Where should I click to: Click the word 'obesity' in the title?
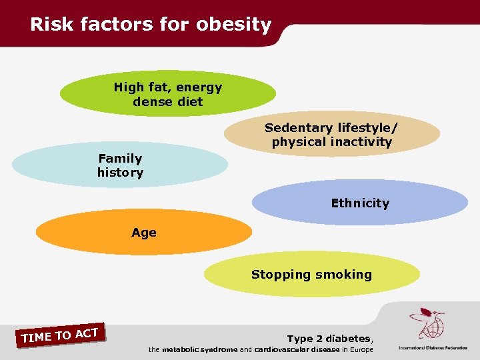(233, 25)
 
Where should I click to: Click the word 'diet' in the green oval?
(190, 102)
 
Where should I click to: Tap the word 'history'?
(120, 173)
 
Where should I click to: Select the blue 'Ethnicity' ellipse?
(360, 203)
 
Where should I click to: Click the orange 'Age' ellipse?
(143, 233)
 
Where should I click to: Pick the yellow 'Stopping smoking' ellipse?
(311, 274)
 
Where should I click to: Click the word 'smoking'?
(343, 274)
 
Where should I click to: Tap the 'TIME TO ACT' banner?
(60, 335)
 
